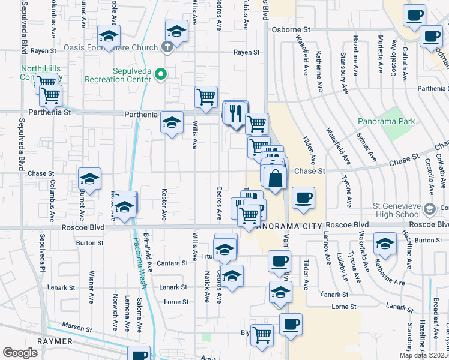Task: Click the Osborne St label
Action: (291, 29)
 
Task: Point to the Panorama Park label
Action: (386, 121)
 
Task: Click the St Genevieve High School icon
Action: (429, 209)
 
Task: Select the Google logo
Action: (20, 353)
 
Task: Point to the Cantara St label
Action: (173, 263)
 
